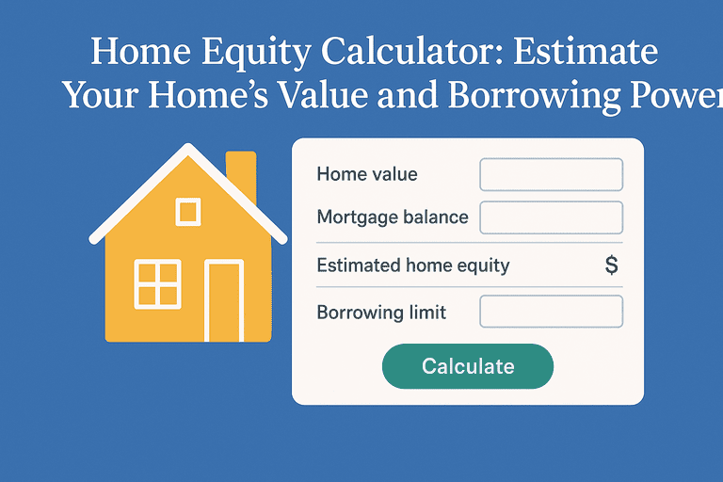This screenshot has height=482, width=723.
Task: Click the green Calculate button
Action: point(468,366)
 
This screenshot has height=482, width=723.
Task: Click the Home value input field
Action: point(552,174)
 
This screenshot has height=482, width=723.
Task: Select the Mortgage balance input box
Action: point(552,217)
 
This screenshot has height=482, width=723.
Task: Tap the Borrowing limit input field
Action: point(552,312)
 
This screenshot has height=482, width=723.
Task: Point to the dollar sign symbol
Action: point(611,265)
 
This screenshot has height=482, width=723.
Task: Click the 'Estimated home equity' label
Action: point(413,265)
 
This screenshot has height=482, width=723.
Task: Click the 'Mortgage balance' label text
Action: point(393,217)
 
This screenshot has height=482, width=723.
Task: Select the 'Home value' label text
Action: point(367,174)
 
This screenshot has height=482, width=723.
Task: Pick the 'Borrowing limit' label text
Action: point(381,313)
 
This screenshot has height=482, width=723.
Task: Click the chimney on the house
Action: point(241,175)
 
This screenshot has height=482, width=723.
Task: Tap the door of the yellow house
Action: point(224,300)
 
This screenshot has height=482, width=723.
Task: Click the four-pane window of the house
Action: point(158,284)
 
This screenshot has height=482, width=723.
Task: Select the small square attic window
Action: point(188,212)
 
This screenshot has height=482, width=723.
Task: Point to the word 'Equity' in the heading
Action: point(256,53)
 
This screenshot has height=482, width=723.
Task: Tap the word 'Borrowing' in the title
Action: point(534,96)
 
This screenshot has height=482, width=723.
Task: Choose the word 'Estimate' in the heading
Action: point(586,51)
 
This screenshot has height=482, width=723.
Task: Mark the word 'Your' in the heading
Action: point(101,95)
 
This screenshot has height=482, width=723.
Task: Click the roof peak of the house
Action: point(188,147)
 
